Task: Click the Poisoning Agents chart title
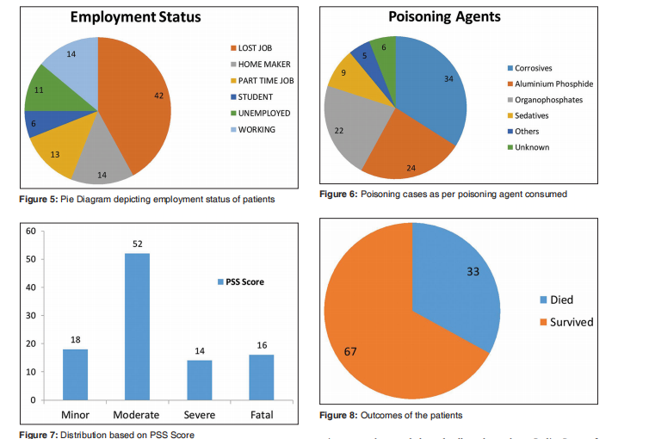(x=444, y=15)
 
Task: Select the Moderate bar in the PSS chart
(x=137, y=326)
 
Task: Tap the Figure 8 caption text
(x=391, y=415)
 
